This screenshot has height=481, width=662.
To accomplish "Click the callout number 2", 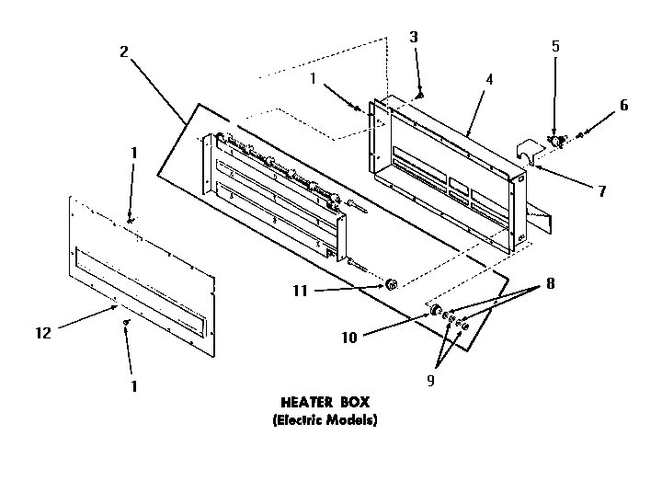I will click(123, 52).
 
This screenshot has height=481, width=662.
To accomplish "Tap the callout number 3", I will click(413, 38).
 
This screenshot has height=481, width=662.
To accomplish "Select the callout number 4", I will click(489, 79).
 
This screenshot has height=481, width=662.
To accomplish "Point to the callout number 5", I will click(555, 46).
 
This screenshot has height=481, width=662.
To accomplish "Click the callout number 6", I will click(623, 105).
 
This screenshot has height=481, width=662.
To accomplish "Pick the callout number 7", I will click(601, 191).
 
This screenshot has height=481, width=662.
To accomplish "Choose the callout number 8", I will click(551, 283).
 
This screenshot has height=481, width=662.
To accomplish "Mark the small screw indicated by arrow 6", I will click(579, 137).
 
